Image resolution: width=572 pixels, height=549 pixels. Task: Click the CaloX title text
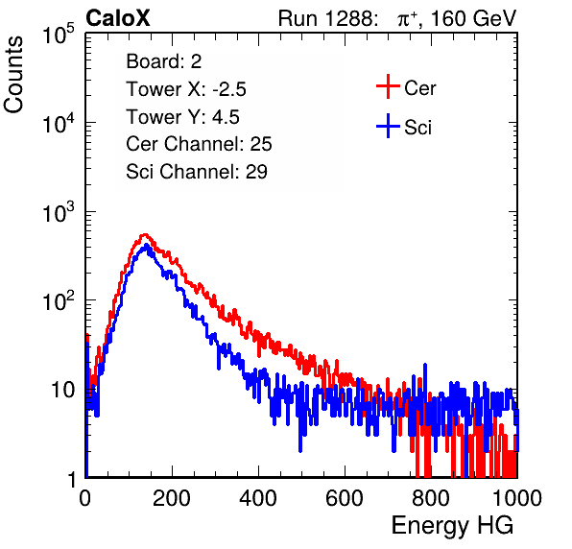tap(117, 18)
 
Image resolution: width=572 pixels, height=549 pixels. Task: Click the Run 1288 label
tap(326, 18)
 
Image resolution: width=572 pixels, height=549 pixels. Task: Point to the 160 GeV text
tap(473, 18)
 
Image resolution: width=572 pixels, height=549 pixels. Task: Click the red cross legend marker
tap(388, 86)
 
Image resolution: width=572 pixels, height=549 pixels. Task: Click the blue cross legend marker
tap(388, 126)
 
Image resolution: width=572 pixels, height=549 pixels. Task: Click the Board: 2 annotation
tap(163, 61)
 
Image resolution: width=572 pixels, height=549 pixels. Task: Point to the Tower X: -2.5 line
tap(186, 89)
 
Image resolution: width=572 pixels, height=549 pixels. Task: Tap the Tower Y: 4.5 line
tap(182, 117)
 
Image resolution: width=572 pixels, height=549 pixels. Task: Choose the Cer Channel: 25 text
tap(199, 144)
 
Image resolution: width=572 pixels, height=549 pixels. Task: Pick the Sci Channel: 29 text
tap(197, 172)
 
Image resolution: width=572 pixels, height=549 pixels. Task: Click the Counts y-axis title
tap(13, 75)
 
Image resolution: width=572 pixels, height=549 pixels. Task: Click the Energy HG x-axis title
tap(452, 526)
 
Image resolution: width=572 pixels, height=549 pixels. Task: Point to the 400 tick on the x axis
tap(258, 498)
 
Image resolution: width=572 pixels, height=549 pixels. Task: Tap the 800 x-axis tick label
tap(431, 498)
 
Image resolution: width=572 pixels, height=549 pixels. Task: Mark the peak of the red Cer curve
tap(145, 234)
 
